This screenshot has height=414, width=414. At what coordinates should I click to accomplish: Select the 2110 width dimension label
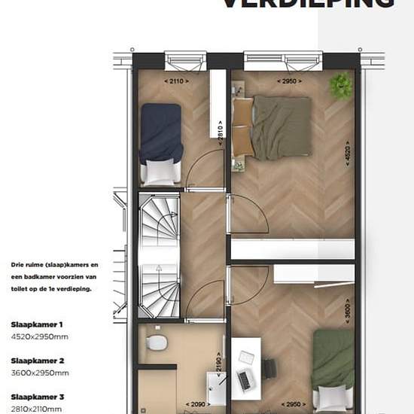(176, 81)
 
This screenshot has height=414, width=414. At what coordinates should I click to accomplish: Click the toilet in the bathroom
(157, 343)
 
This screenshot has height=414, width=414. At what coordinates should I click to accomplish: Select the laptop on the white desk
(244, 381)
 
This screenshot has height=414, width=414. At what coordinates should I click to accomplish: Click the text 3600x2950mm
(40, 373)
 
